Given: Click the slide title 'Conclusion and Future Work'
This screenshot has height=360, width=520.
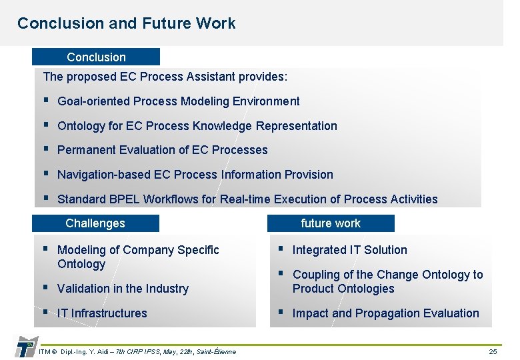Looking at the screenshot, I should click(x=126, y=23).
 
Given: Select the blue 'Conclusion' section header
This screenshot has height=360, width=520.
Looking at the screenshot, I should click(x=96, y=57).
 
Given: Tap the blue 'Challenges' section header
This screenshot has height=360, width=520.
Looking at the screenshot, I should click(x=95, y=223).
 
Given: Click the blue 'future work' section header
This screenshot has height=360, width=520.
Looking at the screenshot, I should click(x=331, y=223).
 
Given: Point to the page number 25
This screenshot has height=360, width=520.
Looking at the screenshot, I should click(x=493, y=351).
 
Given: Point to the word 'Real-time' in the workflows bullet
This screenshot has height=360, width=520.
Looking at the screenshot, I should click(x=245, y=199).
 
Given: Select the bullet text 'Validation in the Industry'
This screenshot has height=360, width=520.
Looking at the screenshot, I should click(x=123, y=289).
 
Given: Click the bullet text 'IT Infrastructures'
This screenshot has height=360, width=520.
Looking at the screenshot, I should click(x=102, y=313).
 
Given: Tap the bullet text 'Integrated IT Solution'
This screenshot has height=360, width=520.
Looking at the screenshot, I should click(x=349, y=250).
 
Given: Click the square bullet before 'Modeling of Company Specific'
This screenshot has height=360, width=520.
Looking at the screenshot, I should click(x=45, y=249).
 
